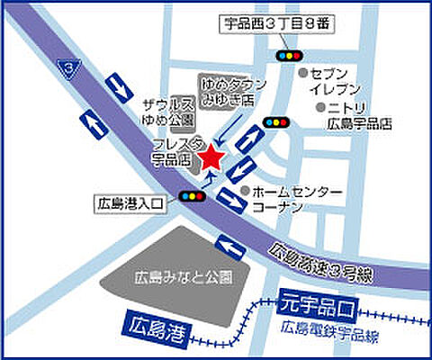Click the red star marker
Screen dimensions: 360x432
[x=211, y=157]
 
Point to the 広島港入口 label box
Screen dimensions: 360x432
[x=130, y=205]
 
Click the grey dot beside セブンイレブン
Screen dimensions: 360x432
[x=304, y=72]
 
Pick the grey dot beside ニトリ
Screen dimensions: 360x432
[x=319, y=107]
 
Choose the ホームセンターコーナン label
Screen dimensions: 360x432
[x=296, y=200]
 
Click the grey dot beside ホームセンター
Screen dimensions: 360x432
[x=246, y=191]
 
